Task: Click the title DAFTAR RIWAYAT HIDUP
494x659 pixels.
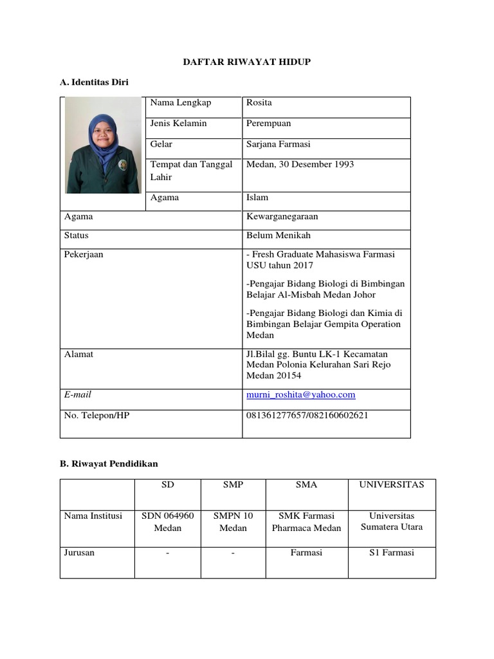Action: click(247, 61)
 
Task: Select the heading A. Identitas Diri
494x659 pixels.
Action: click(94, 82)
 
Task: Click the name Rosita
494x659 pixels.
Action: click(259, 103)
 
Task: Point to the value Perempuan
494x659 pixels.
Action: click(268, 123)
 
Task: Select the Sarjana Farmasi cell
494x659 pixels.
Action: click(279, 144)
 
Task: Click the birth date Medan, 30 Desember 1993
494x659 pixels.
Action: click(300, 165)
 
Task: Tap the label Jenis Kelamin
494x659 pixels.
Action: click(178, 123)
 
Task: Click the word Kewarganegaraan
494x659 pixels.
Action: click(282, 217)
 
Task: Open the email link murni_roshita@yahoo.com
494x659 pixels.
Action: click(300, 394)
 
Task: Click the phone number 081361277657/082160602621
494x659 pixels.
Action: click(307, 415)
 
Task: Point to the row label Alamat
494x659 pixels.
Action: click(78, 354)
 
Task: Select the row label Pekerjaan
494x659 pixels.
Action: click(84, 254)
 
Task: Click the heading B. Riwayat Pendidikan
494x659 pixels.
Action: click(109, 463)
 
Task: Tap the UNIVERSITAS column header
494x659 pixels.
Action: click(392, 485)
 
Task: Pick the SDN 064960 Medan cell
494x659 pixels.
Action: click(167, 522)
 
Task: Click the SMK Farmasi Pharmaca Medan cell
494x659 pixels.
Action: click(306, 522)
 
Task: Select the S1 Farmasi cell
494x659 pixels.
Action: click(392, 553)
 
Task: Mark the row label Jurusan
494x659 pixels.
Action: click(79, 553)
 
